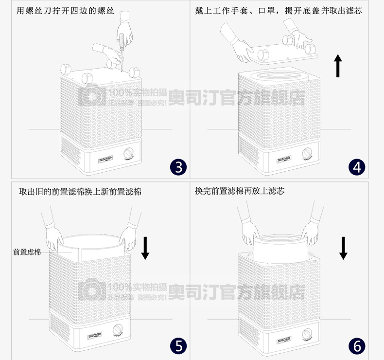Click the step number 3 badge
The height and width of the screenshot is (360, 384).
(x=178, y=167)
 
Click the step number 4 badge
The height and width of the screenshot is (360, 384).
(x=357, y=167)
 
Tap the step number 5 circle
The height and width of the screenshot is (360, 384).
(x=178, y=346)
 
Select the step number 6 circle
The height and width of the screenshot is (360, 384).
(x=357, y=346)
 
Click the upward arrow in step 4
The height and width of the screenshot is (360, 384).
(x=338, y=66)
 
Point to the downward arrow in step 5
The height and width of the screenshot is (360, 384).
(x=145, y=248)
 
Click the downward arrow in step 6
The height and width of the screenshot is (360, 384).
(x=343, y=248)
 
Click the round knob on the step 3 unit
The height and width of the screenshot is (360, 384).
(x=128, y=153)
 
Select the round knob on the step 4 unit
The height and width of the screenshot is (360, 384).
(x=307, y=153)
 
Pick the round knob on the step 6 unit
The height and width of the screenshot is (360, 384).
(x=307, y=334)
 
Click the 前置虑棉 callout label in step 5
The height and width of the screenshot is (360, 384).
(x=27, y=252)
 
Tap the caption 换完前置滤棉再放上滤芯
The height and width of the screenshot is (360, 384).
(x=240, y=191)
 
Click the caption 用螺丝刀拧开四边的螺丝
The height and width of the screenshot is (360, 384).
(x=65, y=11)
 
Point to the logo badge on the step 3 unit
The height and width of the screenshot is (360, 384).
(x=105, y=160)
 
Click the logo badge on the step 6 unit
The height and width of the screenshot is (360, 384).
(x=283, y=341)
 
